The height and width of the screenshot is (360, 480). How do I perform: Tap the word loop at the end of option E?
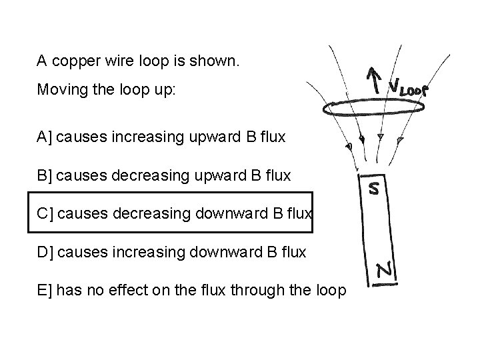click(x=330, y=291)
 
